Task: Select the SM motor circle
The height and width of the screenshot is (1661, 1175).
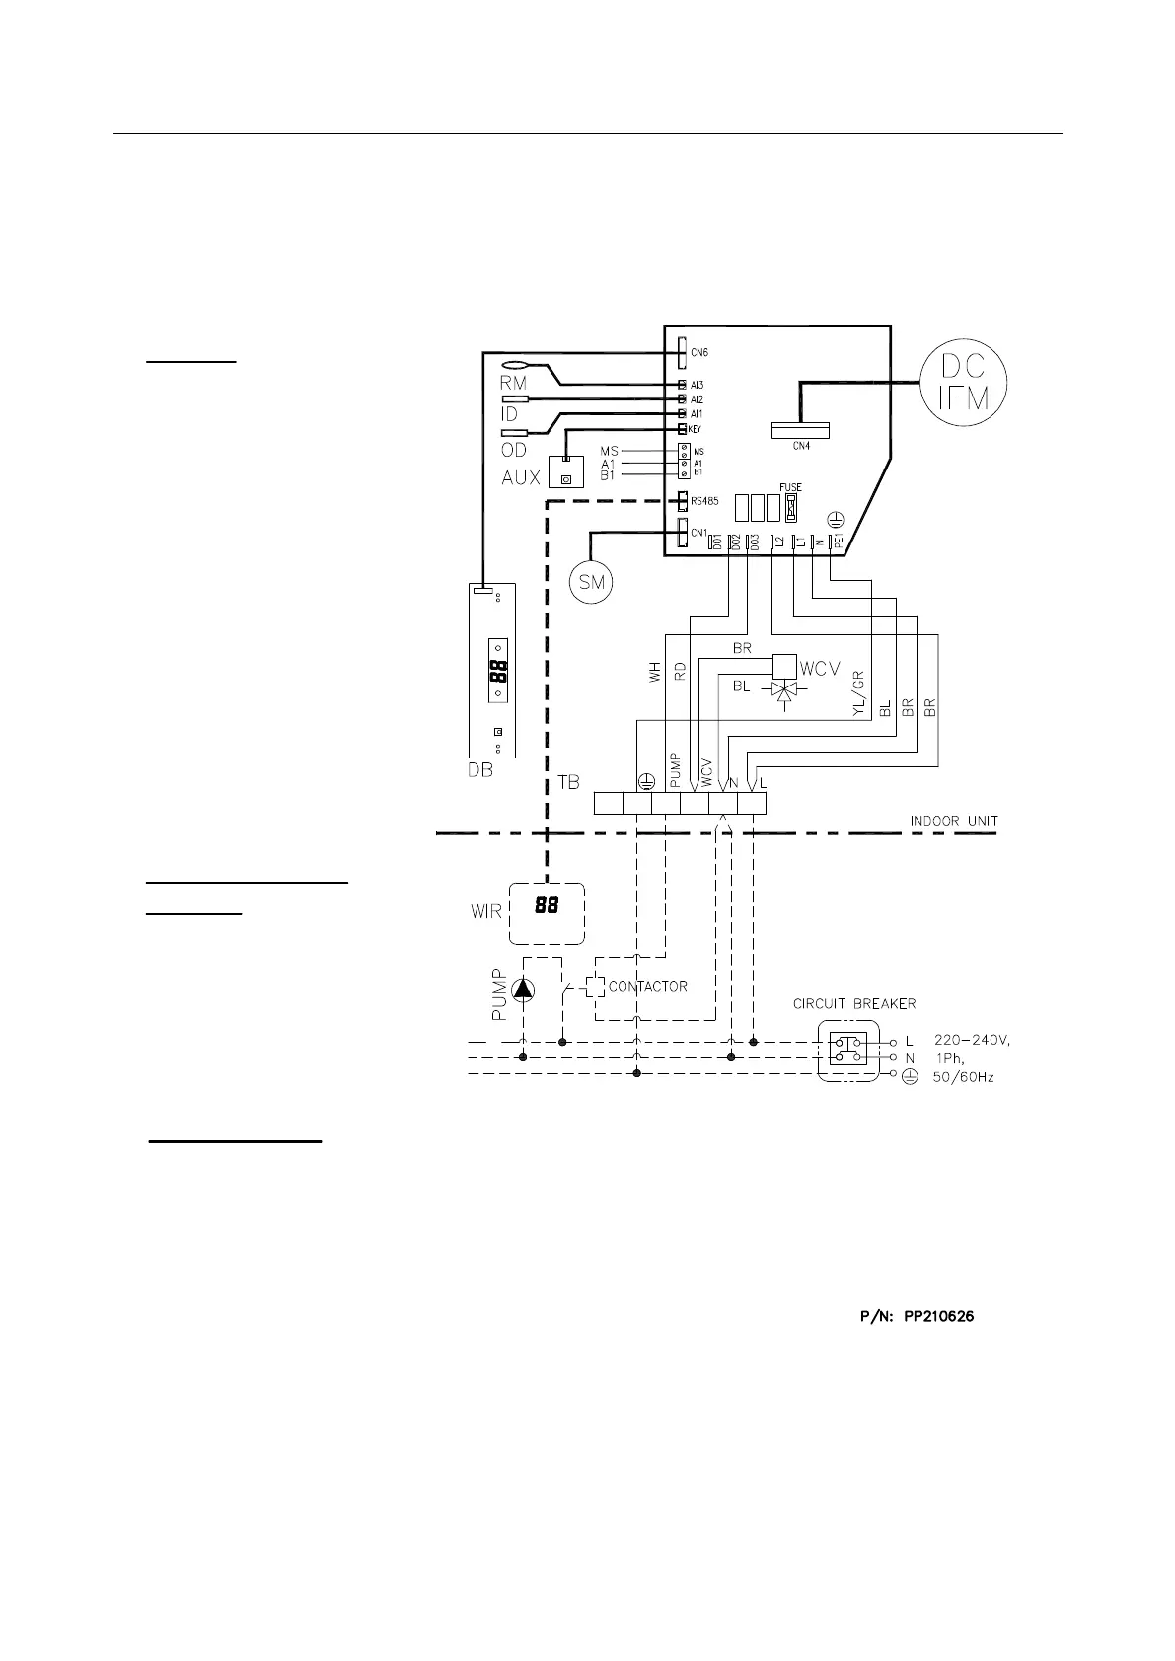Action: click(591, 582)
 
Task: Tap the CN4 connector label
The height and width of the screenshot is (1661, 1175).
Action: click(800, 446)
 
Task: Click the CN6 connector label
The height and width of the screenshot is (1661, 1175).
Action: click(698, 352)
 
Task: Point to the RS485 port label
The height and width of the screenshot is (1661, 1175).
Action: click(704, 501)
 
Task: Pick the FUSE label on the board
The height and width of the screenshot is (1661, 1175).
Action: click(790, 487)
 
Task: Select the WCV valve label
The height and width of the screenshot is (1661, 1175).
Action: click(819, 669)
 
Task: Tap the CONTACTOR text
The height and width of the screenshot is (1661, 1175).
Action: click(647, 986)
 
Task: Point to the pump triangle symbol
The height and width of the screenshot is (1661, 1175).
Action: click(522, 989)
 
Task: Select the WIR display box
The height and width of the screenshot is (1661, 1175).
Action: click(546, 912)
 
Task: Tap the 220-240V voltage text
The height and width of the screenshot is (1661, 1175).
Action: click(973, 1040)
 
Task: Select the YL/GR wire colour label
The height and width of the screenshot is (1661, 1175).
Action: click(858, 695)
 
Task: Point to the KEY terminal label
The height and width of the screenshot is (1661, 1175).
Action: click(695, 429)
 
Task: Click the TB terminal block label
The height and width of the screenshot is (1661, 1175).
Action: click(567, 782)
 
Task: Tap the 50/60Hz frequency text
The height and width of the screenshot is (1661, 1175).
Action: click(963, 1077)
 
